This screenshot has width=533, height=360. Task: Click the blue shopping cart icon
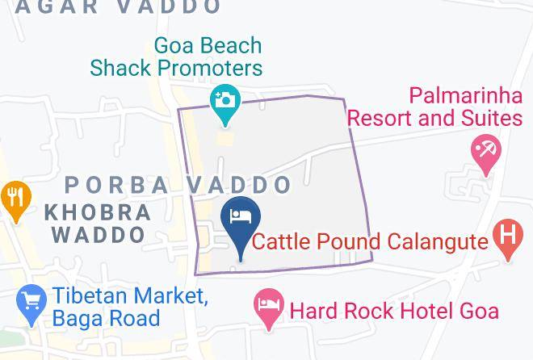pyautogui.click(x=30, y=304)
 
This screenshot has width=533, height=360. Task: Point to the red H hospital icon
pyautogui.click(x=506, y=237)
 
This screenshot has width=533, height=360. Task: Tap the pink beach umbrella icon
pyautogui.click(x=486, y=151)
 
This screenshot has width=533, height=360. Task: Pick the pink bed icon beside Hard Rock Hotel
pyautogui.click(x=267, y=308)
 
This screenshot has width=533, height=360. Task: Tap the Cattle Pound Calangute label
pyautogui.click(x=371, y=241)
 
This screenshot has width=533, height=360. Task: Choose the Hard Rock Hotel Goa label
pyautogui.click(x=394, y=310)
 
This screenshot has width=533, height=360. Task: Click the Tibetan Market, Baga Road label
pyautogui.click(x=130, y=307)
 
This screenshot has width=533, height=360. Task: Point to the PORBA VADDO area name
pyautogui.click(x=178, y=185)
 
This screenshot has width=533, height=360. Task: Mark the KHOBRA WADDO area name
pyautogui.click(x=99, y=224)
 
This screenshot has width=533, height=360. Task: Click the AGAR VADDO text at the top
pyautogui.click(x=118, y=7)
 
